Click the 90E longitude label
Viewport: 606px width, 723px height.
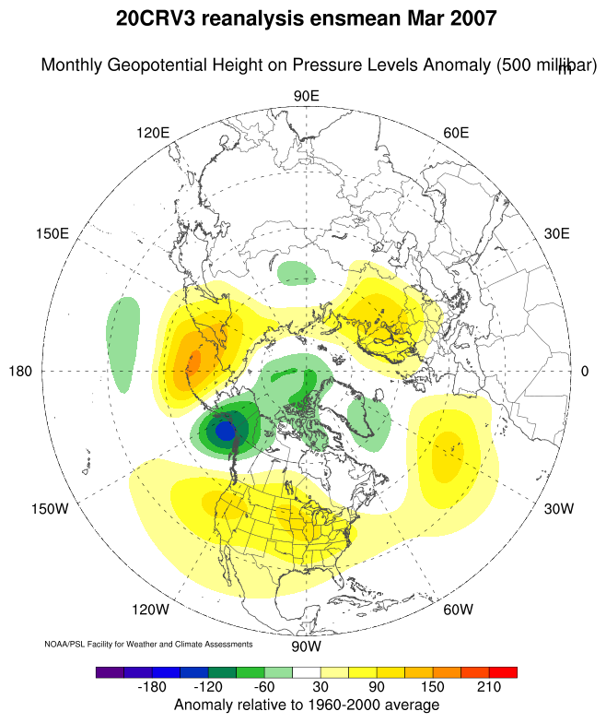pos(306,97)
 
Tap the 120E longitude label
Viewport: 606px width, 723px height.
pos(153,133)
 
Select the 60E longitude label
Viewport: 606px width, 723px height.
pos(456,133)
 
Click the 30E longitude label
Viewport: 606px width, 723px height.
pos(557,233)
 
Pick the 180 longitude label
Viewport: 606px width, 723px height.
pos(20,371)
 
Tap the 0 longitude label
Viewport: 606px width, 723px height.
pos(585,371)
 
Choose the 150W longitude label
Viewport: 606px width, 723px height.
pos(50,509)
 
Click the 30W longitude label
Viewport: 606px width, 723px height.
pos(559,509)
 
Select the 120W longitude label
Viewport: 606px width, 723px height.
pos(151,610)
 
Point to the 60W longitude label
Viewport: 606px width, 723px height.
pos(458,610)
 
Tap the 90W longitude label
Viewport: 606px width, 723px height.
pos(306,645)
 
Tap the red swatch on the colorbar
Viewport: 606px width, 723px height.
pos(503,672)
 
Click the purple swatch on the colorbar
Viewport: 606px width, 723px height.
pos(110,672)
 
